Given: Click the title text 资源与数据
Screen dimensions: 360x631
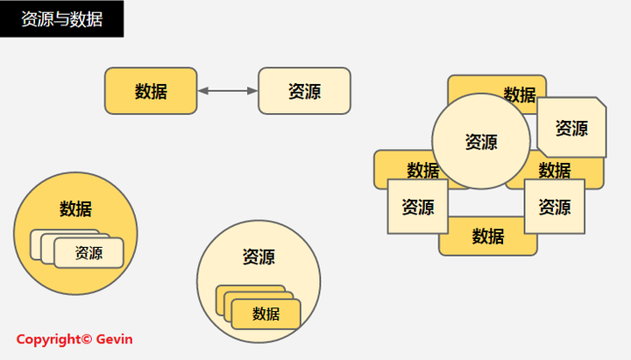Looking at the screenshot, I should tap(61, 18).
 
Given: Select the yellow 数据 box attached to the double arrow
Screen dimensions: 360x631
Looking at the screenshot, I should tap(151, 91).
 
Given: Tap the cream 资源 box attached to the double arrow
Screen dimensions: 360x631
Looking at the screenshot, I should tap(304, 91).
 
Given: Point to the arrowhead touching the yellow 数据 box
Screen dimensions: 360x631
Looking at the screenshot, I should tap(202, 91).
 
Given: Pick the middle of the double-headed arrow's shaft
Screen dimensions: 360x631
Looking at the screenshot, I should tap(228, 91).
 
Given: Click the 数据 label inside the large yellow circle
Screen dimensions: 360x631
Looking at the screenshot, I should tap(75, 209).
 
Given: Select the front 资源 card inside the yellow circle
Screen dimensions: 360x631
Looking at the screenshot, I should tap(89, 253).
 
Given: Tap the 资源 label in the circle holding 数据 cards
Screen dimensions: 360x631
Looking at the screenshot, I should tap(259, 258).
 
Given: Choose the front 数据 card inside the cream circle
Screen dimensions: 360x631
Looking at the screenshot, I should tap(266, 314).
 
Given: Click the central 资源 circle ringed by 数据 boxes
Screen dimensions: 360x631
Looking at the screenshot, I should tap(481, 141).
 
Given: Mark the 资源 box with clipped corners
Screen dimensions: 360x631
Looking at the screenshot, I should tap(571, 128).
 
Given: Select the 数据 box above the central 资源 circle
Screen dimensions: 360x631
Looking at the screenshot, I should tap(519, 95).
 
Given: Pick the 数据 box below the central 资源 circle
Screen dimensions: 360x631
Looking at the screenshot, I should tap(488, 236).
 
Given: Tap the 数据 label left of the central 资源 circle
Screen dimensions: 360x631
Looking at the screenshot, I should tap(423, 170).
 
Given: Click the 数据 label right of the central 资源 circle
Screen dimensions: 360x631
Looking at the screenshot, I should tap(555, 170).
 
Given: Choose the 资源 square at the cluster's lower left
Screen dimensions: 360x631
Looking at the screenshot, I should tap(418, 208).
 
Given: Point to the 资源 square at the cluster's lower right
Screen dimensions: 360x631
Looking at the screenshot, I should tap(554, 208).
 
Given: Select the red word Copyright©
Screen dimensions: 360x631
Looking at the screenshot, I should tap(54, 339).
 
